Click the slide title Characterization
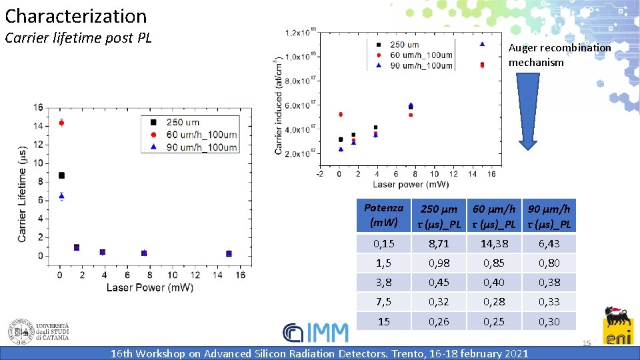coord(76,15)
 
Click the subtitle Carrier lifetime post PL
coord(78,38)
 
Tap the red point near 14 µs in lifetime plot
coord(61,123)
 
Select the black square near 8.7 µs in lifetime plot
coord(61,175)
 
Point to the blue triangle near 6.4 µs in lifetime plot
coord(61,196)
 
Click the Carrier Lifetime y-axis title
coord(23,194)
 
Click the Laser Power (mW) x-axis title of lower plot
coord(149,287)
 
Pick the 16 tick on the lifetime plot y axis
coord(39,107)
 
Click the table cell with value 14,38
coord(493,244)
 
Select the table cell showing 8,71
coord(439,244)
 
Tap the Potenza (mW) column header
coord(384,215)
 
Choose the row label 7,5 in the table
coord(384,302)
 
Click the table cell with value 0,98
coord(439,263)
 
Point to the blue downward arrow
coord(528,111)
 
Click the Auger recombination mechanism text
coord(559,55)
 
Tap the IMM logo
coord(315,332)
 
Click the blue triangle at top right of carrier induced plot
coord(482,45)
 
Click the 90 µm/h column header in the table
coord(549,215)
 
